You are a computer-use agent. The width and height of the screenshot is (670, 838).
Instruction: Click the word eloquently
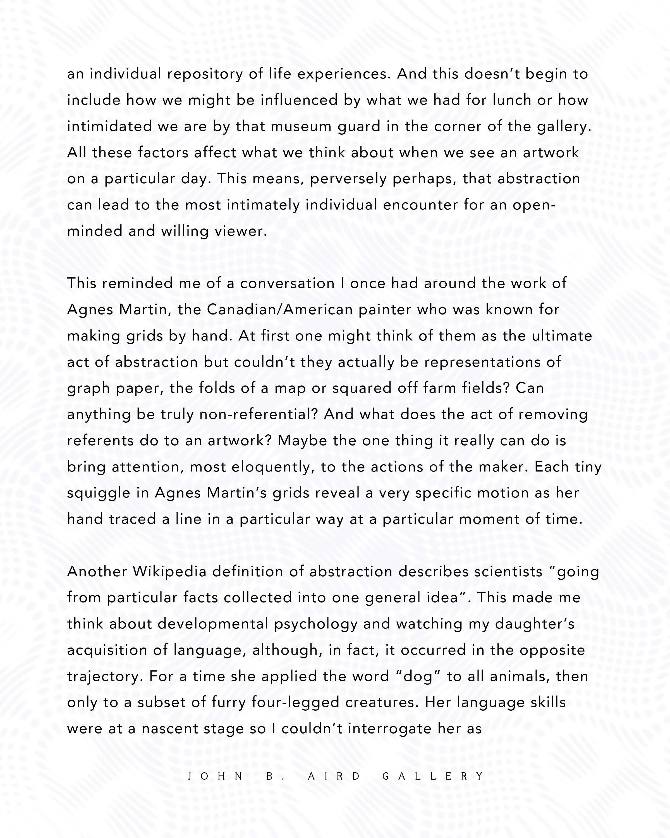pos(273,467)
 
